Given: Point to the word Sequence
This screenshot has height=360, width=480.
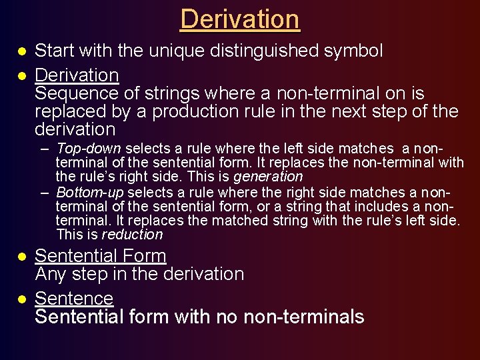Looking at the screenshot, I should click(x=77, y=93).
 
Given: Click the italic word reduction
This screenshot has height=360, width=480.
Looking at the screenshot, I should click(x=131, y=235).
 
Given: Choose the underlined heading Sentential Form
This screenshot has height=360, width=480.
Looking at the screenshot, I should click(x=100, y=255).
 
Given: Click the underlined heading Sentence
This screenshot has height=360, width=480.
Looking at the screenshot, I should click(x=73, y=298).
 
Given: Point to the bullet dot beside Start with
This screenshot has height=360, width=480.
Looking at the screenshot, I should click(x=22, y=51).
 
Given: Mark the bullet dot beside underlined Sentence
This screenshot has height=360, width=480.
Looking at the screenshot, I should click(x=22, y=299).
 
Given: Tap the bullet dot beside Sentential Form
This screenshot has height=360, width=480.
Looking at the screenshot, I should click(x=22, y=257).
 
